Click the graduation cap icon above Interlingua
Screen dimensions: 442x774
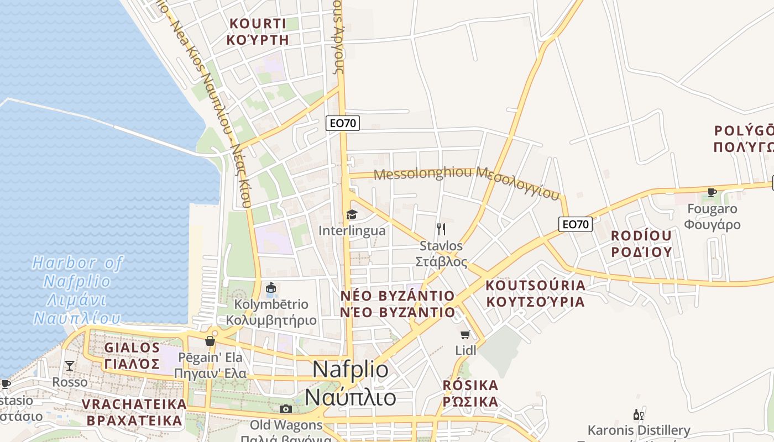pos(352,214)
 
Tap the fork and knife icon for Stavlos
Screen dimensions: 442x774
pos(441,229)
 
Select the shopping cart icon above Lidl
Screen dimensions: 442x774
pos(466,334)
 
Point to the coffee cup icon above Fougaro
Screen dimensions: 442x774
pos(712,192)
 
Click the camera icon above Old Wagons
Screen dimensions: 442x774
pos(286,409)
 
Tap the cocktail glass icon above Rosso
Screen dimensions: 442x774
pos(70,365)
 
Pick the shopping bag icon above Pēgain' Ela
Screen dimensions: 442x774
pos(210,341)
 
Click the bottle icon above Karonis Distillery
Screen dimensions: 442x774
pos(638,414)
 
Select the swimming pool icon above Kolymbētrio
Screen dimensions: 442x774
pos(271,288)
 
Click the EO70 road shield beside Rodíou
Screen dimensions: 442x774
pos(576,224)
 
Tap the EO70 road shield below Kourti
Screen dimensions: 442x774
pos(343,123)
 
